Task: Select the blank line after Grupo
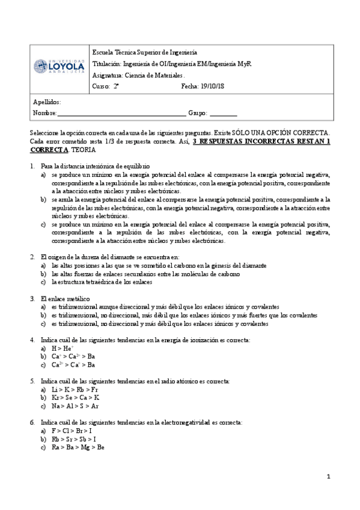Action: click(223, 114)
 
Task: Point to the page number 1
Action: click(329, 478)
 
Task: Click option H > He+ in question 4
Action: click(63, 348)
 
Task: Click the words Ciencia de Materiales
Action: click(141, 75)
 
